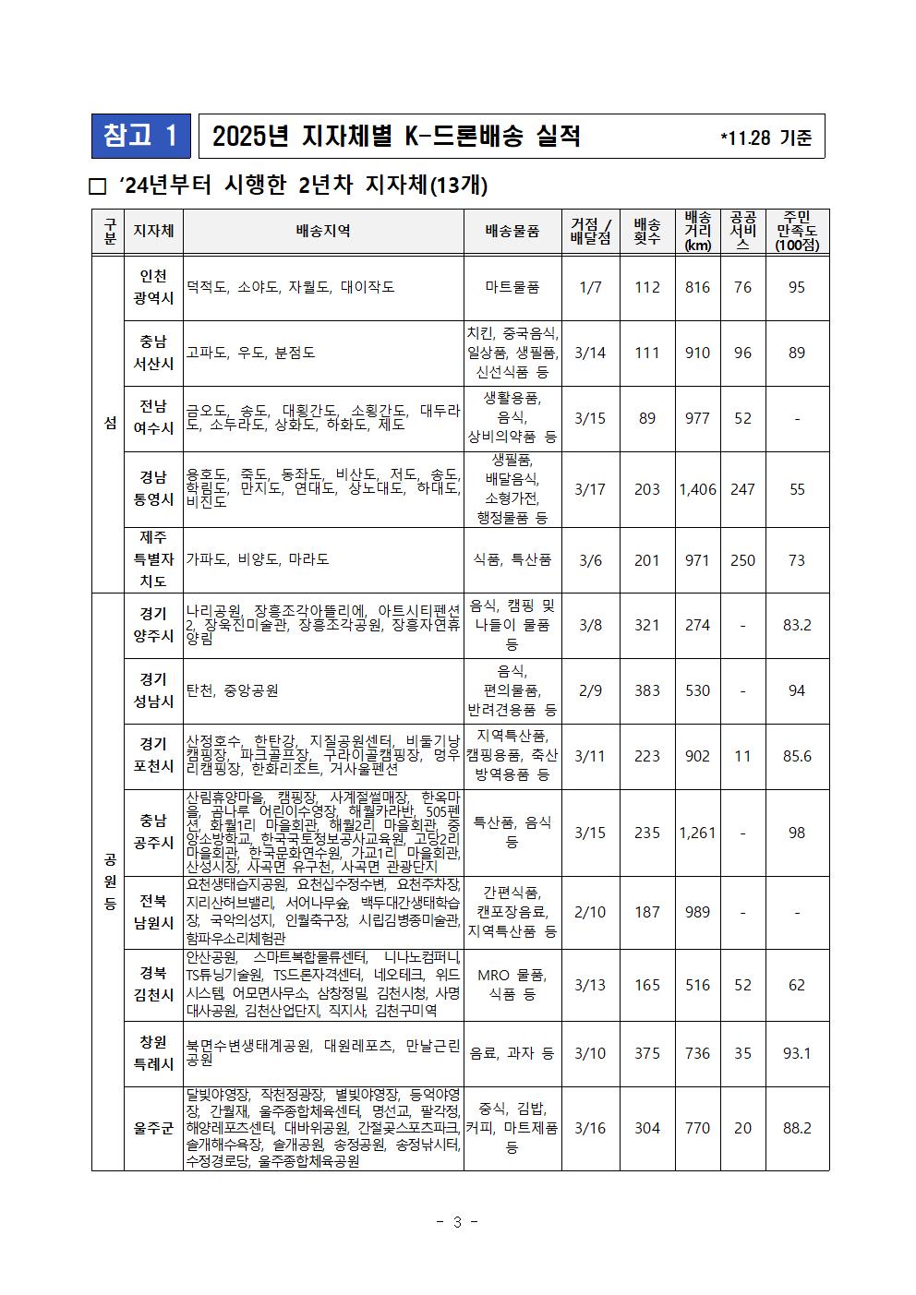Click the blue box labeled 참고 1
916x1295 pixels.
pos(140,136)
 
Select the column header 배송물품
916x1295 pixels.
pos(512,231)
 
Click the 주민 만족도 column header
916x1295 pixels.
pos(797,231)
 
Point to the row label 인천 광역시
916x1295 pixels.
pos(153,287)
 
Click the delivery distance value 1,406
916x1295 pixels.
pos(697,489)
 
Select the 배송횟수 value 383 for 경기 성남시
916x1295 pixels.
pos(647,690)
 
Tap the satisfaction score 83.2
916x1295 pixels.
pos(797,625)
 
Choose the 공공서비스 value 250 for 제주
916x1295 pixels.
pos(742,560)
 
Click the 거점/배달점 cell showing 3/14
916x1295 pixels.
pos(590,353)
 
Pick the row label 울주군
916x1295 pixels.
pos(153,1128)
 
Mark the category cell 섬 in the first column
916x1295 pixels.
pos(110,423)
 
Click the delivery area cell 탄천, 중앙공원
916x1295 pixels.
pos(233,690)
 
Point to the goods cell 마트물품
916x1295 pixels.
pos(512,287)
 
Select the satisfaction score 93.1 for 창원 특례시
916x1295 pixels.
pos(797,1053)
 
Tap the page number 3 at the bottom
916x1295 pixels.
pos(457,1222)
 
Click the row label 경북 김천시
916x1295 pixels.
pos(153,984)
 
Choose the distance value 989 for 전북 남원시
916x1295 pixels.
pos(697,912)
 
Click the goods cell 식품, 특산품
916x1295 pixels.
pos(512,560)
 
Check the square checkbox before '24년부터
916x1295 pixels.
pos(97,186)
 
